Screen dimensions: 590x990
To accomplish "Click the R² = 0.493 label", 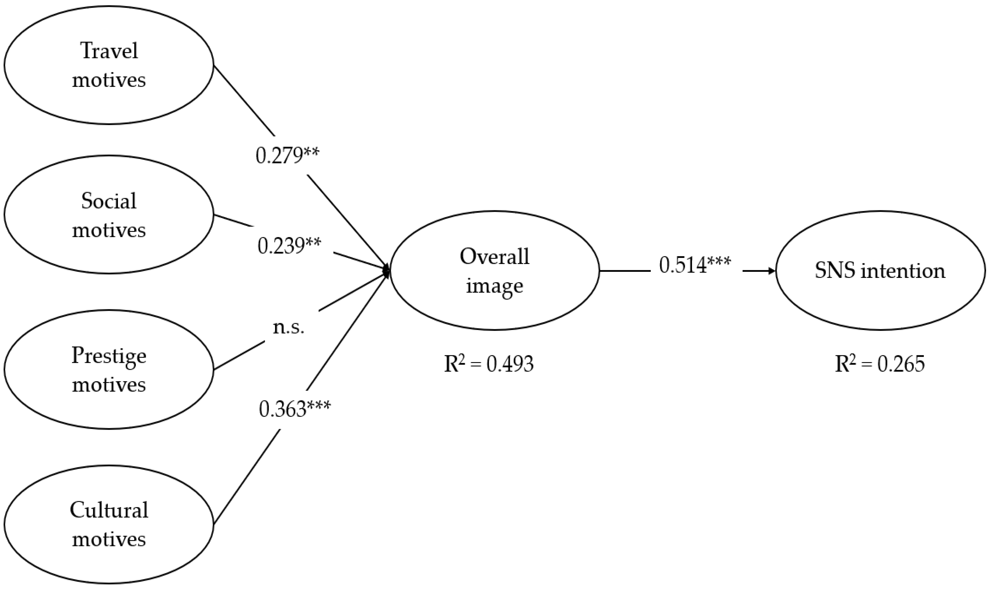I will pos(489,363).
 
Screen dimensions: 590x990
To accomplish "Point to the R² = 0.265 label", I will pos(879,363).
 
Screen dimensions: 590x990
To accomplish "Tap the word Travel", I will pos(109,51).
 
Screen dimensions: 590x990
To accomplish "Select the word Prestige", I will pos(109,356).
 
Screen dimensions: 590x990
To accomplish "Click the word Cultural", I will pos(109,510).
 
